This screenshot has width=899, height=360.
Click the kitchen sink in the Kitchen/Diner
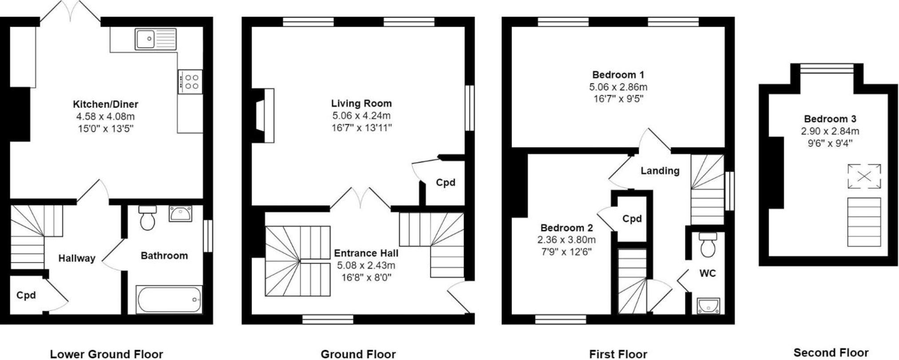pos(156,39)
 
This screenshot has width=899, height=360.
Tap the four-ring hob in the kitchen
pos(190,82)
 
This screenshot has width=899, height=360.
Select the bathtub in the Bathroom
pos(169,300)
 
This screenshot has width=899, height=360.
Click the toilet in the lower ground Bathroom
pos(147,218)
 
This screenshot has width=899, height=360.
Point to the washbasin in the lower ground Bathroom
pos(180,214)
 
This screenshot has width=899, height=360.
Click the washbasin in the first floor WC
pos(708,306)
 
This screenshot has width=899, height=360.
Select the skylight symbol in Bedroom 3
pos(864,176)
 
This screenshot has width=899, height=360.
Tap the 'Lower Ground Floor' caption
pos(107,354)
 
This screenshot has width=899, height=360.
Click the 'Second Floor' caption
pos(831,352)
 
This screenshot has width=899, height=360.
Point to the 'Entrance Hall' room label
pos(366,253)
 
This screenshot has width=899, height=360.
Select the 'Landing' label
pos(660,171)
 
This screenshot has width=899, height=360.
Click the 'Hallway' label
pos(77,258)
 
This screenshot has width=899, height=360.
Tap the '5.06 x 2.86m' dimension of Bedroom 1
pos(618,87)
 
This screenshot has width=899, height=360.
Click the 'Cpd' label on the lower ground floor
pos(26,295)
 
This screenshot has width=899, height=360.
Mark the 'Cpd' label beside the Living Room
pos(445,182)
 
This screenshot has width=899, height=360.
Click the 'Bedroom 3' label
pos(830,119)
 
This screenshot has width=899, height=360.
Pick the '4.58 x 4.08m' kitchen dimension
pos(105,117)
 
